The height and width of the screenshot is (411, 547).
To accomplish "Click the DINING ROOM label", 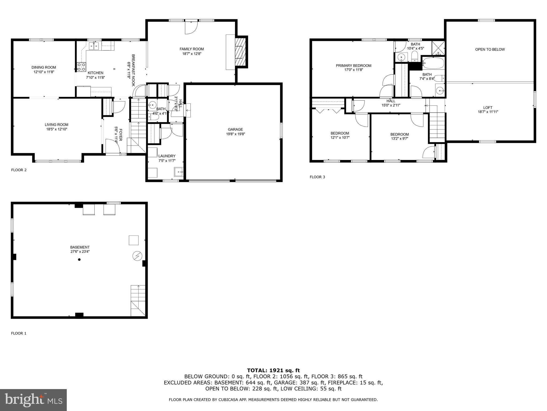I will click(x=44, y=67).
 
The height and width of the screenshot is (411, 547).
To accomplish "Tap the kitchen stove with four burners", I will click(x=81, y=67).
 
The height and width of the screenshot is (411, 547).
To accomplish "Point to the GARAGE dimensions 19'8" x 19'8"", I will click(x=235, y=134).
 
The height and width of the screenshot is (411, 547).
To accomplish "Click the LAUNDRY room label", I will click(x=167, y=156).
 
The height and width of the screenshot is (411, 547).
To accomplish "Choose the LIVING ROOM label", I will click(x=56, y=125).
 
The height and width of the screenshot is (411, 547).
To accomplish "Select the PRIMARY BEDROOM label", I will click(x=353, y=66).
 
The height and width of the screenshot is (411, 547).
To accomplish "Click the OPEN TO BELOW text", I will click(x=490, y=50).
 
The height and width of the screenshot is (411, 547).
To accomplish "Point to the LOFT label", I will click(x=488, y=108).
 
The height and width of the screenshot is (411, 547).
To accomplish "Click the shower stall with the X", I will click(x=438, y=48).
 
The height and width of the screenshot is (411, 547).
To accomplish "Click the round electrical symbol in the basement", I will click(x=137, y=256).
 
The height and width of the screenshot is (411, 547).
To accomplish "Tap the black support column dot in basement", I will click(x=79, y=259).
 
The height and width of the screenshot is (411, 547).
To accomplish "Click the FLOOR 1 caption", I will click(x=19, y=333).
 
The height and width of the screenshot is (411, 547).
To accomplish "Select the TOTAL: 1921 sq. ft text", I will click(x=273, y=370).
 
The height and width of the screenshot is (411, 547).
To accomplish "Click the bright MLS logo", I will click(x=33, y=400).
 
